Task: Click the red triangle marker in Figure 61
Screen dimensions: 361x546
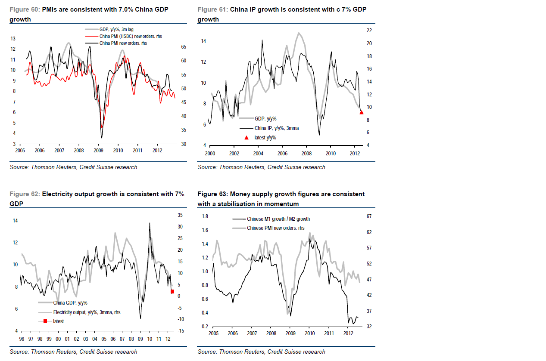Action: point(362,112)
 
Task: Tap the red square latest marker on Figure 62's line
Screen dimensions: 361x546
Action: point(172,292)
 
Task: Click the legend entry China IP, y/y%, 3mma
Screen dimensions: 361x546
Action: point(276,128)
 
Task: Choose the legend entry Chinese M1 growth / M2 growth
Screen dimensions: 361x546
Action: point(278,219)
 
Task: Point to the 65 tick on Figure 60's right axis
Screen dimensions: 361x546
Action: point(183,47)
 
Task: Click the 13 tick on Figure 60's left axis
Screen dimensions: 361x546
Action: point(13,39)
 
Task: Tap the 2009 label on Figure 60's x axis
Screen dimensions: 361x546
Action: point(98,151)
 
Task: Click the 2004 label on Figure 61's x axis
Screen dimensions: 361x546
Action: point(258,154)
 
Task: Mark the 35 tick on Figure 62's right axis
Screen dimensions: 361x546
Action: point(180,215)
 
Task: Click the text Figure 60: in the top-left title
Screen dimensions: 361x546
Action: point(25,9)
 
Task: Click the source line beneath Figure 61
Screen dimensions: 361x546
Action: point(261,167)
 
